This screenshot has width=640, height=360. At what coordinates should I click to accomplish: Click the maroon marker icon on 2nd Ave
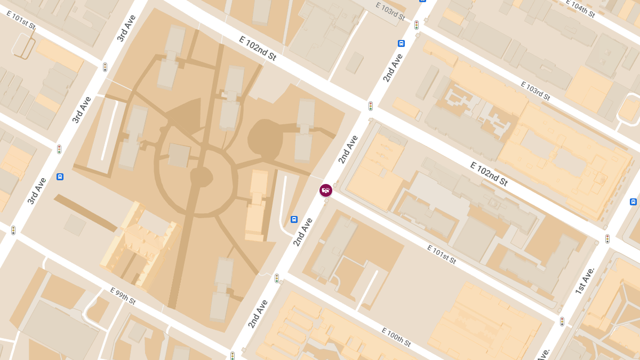tap(326, 190)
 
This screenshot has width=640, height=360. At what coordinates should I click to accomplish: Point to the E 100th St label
tap(396, 336)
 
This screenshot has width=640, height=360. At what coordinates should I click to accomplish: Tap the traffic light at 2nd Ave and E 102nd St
tap(370, 106)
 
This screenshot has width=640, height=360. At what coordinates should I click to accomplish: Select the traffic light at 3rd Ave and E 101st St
tap(105, 67)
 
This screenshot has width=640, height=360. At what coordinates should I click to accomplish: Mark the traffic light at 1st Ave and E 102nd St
tap(607, 239)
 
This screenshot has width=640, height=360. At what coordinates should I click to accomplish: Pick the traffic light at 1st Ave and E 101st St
tap(562, 322)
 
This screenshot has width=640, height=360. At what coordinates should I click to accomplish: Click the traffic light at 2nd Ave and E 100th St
tap(276, 278)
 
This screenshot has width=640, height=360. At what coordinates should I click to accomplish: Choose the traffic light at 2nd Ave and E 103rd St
tap(416, 25)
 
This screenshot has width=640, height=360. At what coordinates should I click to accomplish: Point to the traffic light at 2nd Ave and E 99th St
tap(233, 355)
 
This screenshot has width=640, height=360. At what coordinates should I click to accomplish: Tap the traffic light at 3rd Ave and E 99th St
tap(13, 230)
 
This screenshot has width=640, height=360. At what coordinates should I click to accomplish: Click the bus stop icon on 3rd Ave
tap(60, 177)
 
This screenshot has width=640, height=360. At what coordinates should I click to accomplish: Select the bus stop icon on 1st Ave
tap(633, 202)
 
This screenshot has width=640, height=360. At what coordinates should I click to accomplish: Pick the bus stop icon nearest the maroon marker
tap(294, 219)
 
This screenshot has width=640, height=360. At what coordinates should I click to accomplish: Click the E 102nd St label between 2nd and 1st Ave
tap(489, 173)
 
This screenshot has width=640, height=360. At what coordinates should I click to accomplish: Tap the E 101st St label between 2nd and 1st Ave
tap(442, 254)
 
